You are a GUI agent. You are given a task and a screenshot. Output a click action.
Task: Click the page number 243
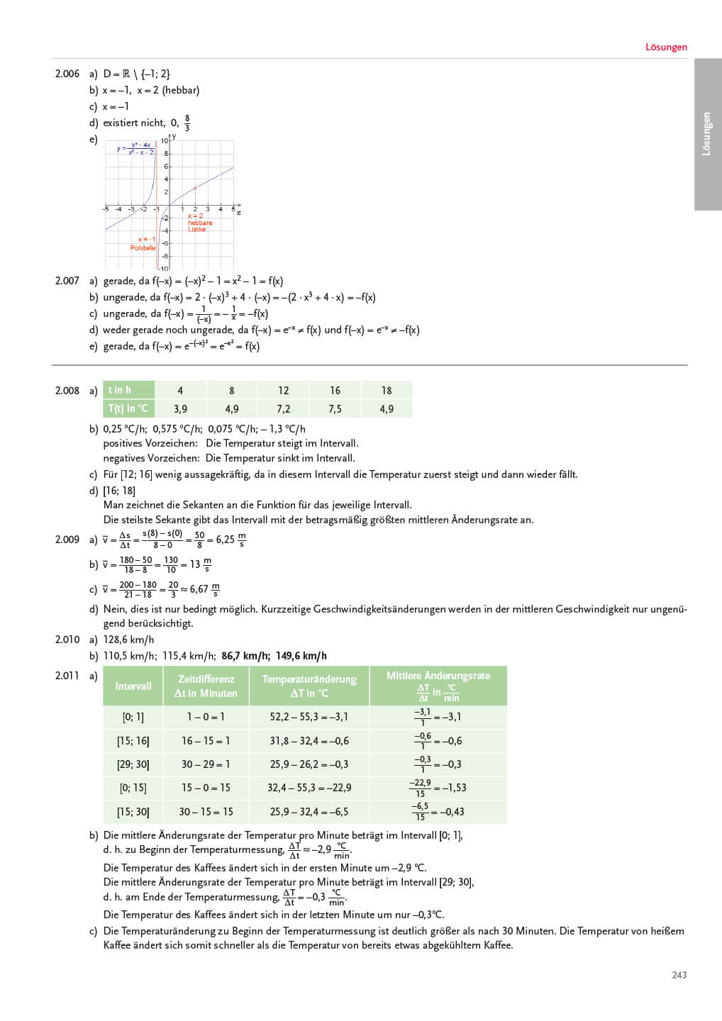pyautogui.click(x=679, y=975)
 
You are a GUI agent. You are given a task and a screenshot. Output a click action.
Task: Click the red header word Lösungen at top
pyautogui.click(x=666, y=48)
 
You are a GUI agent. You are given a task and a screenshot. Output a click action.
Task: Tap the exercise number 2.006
pyautogui.click(x=67, y=74)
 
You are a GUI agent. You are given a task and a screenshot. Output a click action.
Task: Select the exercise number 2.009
pyautogui.click(x=67, y=540)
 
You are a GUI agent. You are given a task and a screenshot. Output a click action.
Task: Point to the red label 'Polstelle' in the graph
pyautogui.click(x=143, y=248)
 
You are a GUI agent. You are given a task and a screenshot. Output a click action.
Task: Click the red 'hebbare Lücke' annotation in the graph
pyautogui.click(x=199, y=223)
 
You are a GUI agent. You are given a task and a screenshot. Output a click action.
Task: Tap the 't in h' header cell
pyautogui.click(x=128, y=390)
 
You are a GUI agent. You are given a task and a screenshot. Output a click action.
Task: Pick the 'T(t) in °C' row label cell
pyautogui.click(x=128, y=408)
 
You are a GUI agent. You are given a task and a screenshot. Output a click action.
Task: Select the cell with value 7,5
pyautogui.click(x=335, y=409)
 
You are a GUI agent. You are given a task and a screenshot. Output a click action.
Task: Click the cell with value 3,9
pyautogui.click(x=180, y=409)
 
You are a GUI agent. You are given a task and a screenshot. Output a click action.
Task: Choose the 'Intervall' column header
pyautogui.click(x=133, y=686)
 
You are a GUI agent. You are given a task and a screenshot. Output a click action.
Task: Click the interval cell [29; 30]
pyautogui.click(x=133, y=764)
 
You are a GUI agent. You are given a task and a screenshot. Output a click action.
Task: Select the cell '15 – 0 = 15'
pyautogui.click(x=206, y=788)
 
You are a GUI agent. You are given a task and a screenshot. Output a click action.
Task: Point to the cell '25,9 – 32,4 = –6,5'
pyautogui.click(x=309, y=812)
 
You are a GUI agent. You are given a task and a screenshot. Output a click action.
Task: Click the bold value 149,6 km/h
pyautogui.click(x=301, y=656)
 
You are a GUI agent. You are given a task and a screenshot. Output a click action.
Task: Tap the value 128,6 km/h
pyautogui.click(x=128, y=640)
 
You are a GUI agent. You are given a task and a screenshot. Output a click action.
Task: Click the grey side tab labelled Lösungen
pyautogui.click(x=707, y=134)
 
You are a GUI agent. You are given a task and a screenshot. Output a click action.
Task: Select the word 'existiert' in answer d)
pyautogui.click(x=123, y=123)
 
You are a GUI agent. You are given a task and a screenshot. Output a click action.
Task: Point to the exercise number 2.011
pyautogui.click(x=67, y=676)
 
